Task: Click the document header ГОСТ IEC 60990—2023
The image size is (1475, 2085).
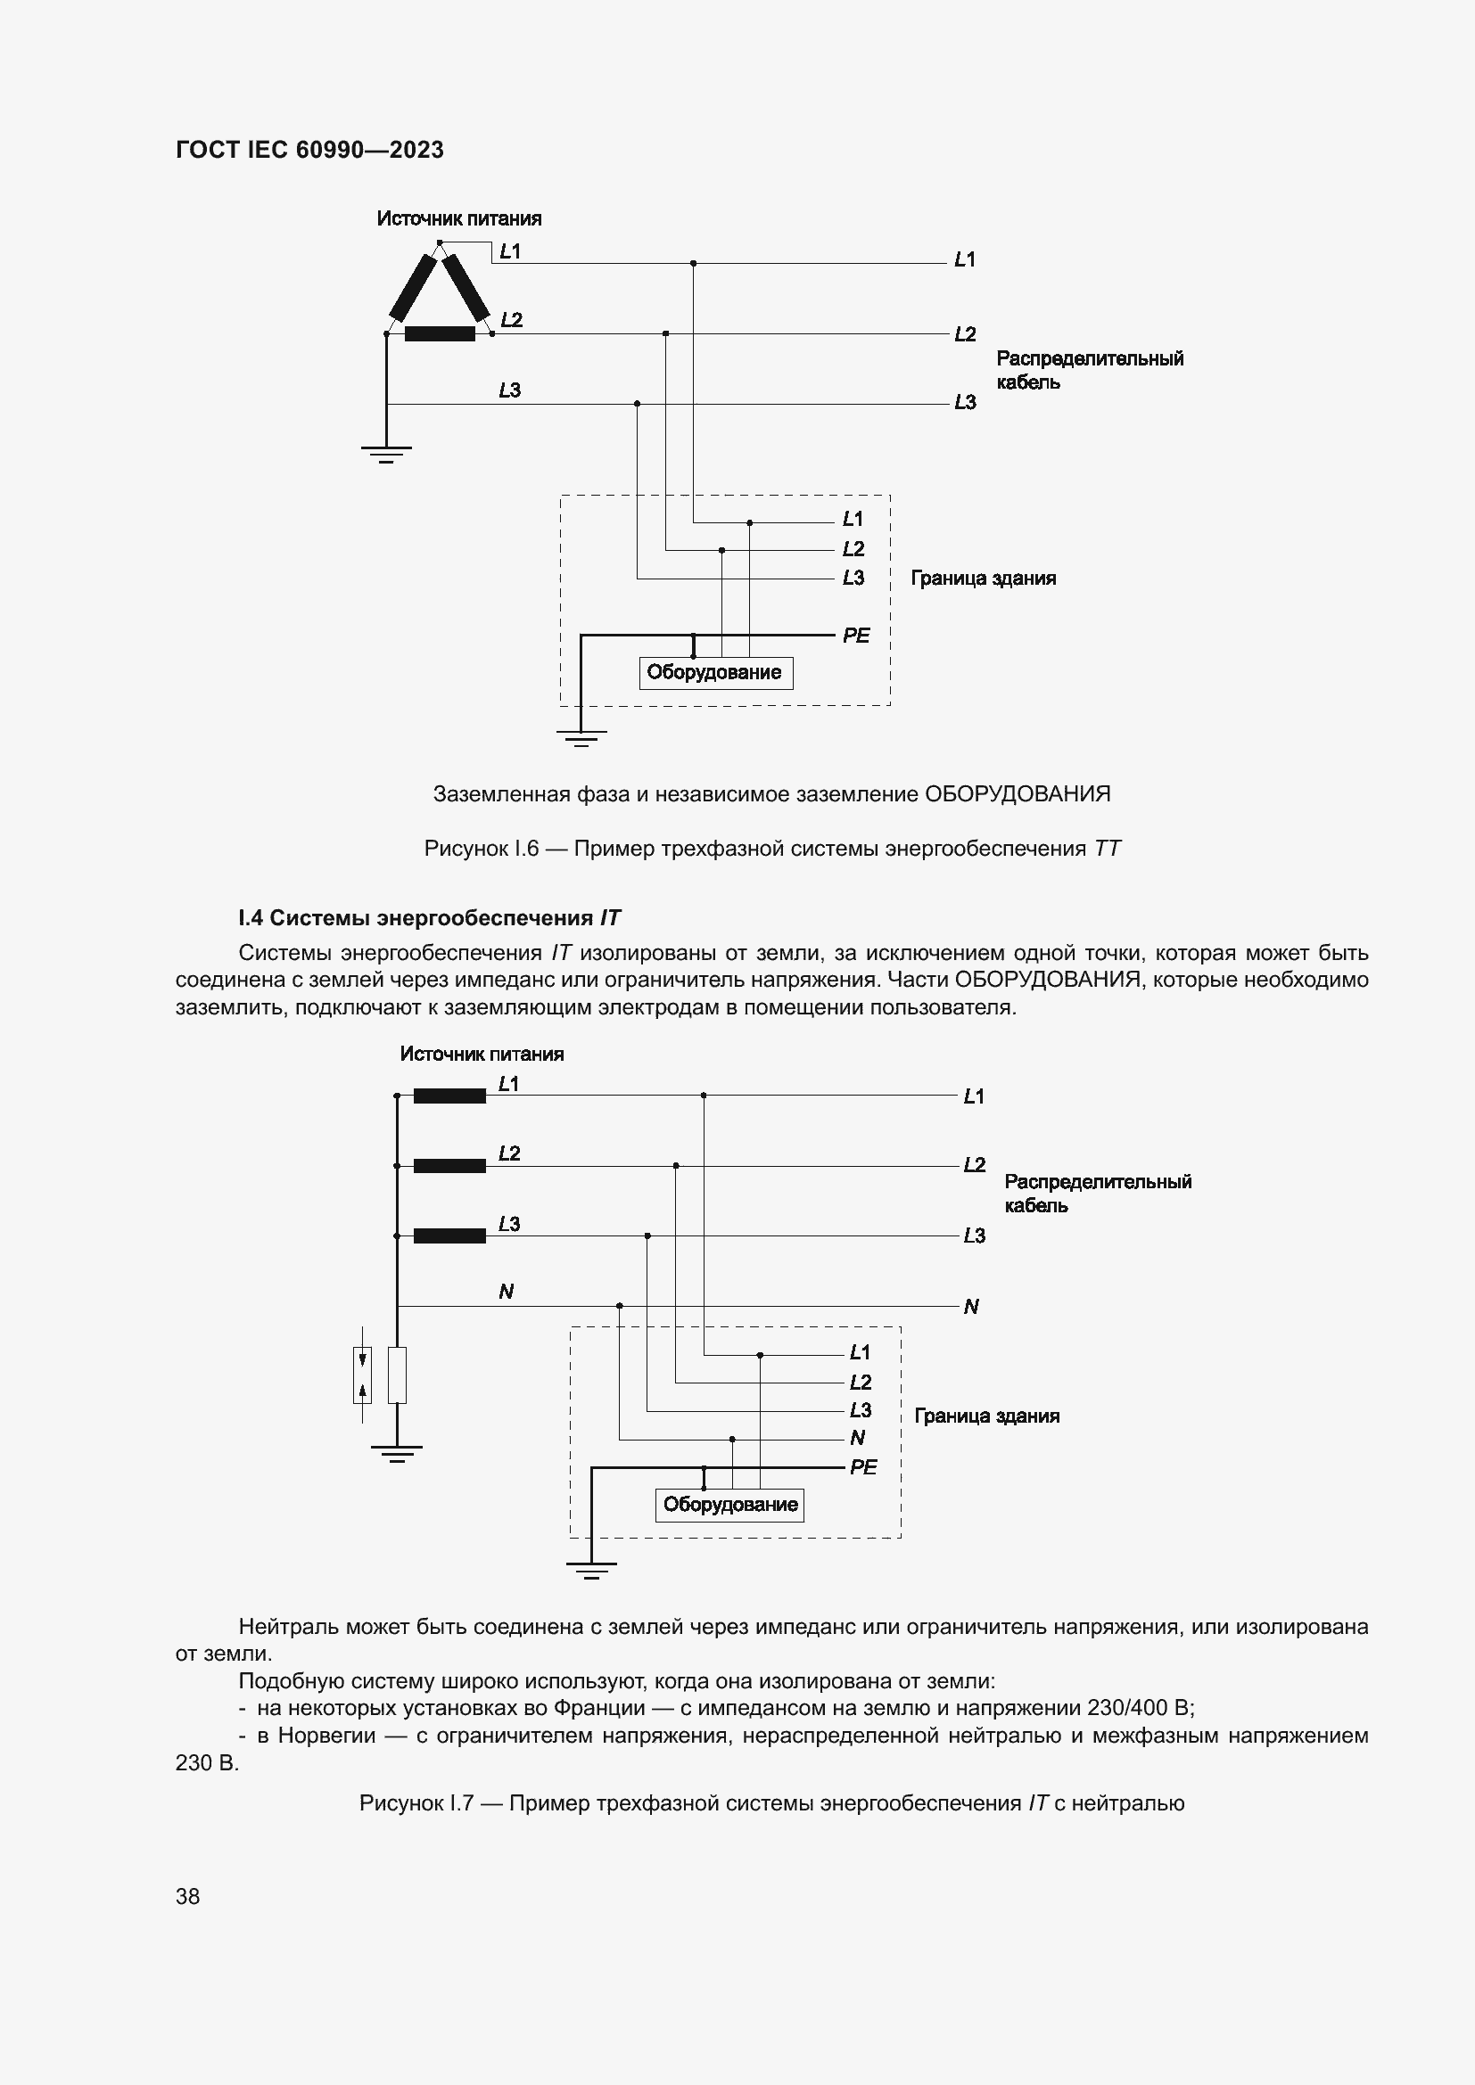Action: pyautogui.click(x=309, y=150)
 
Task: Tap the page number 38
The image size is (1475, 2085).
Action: pyautogui.click(x=187, y=1896)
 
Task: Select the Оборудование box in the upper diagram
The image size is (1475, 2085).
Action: pyautogui.click(x=715, y=673)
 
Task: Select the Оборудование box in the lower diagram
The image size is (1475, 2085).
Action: pyautogui.click(x=730, y=1505)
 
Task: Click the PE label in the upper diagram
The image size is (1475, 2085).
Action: pyautogui.click(x=855, y=636)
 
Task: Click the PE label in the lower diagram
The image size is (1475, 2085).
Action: pyautogui.click(x=863, y=1466)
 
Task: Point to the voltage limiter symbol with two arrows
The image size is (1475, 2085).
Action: pyautogui.click(x=362, y=1375)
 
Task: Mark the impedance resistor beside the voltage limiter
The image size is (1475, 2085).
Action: pyautogui.click(x=397, y=1375)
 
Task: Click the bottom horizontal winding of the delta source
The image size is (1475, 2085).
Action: pyautogui.click(x=440, y=334)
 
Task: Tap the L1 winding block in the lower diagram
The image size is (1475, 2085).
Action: pyautogui.click(x=449, y=1096)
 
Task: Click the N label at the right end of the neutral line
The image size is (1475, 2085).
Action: pyautogui.click(x=971, y=1307)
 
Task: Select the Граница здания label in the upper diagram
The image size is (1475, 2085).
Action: pyautogui.click(x=983, y=579)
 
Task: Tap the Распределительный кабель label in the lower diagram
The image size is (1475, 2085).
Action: pyautogui.click(x=1096, y=1194)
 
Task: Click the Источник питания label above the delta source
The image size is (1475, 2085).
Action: pyautogui.click(x=458, y=219)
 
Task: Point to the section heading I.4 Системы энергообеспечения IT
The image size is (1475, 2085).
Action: pyautogui.click(x=429, y=918)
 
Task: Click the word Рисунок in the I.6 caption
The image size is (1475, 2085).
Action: pyautogui.click(x=465, y=850)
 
